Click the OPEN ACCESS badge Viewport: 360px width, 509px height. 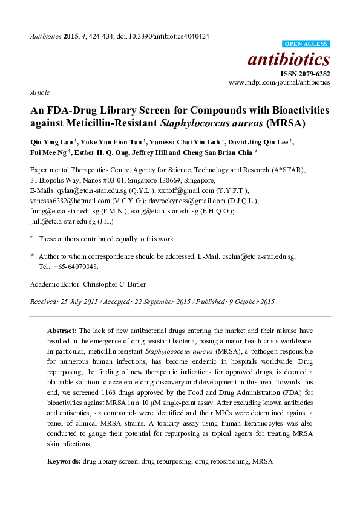[306, 44]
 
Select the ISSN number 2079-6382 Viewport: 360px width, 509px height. [315, 74]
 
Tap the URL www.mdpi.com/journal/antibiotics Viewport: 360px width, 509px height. [279, 82]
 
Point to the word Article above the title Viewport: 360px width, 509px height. [39, 93]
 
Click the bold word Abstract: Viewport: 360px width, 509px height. [62, 331]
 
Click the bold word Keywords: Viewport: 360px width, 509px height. [64, 461]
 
